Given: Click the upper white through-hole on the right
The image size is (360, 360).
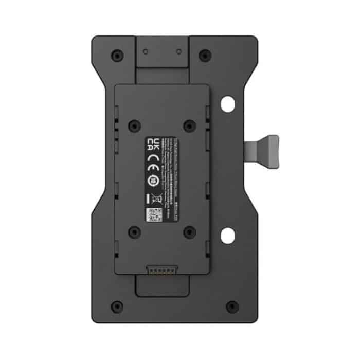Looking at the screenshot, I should pyautogui.click(x=226, y=104).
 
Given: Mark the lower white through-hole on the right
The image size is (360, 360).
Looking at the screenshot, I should pyautogui.click(x=226, y=237).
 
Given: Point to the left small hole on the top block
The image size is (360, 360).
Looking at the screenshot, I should pyautogui.click(x=146, y=52).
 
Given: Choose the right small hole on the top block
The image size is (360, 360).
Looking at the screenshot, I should pyautogui.click(x=178, y=52).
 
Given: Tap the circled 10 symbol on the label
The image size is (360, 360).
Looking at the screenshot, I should pyautogui.click(x=153, y=181).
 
